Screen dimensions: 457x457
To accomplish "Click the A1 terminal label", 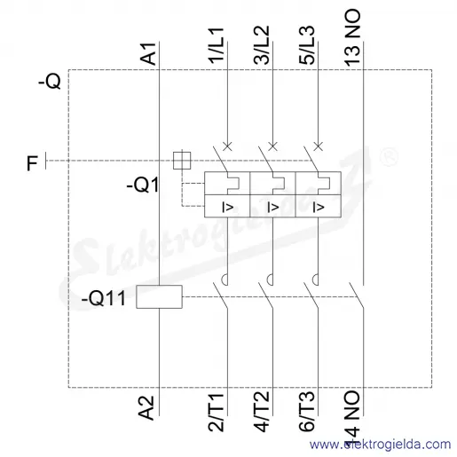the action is click(x=148, y=54).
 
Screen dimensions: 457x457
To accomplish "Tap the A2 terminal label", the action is click(x=146, y=408).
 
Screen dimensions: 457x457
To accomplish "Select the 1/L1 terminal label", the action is click(x=217, y=45).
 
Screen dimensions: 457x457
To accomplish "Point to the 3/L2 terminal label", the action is click(x=262, y=45).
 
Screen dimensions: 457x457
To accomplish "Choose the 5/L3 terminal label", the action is click(x=307, y=45).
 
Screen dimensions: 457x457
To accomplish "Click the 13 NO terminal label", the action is click(x=352, y=36).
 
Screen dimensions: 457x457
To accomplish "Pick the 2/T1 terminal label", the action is click(x=217, y=413).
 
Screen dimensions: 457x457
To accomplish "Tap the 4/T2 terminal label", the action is click(x=262, y=412).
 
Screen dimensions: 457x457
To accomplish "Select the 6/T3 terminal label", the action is click(x=307, y=412).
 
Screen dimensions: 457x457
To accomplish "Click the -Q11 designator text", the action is click(x=104, y=298).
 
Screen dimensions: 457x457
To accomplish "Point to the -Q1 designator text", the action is click(x=143, y=185).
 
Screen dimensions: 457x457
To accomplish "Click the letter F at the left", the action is click(x=32, y=163).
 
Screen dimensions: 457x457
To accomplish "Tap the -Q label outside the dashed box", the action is click(x=50, y=81).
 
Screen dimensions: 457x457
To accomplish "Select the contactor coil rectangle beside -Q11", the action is click(x=159, y=296).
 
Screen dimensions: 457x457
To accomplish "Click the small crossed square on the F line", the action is click(x=182, y=161).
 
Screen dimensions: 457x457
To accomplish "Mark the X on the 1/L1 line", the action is click(x=227, y=146).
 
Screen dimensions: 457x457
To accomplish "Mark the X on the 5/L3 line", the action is click(x=319, y=146).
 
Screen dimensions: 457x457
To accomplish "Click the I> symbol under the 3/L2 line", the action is click(x=273, y=207).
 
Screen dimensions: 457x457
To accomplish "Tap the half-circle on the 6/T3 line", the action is click(x=315, y=280).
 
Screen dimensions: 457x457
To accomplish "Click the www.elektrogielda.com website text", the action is click(x=381, y=445).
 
